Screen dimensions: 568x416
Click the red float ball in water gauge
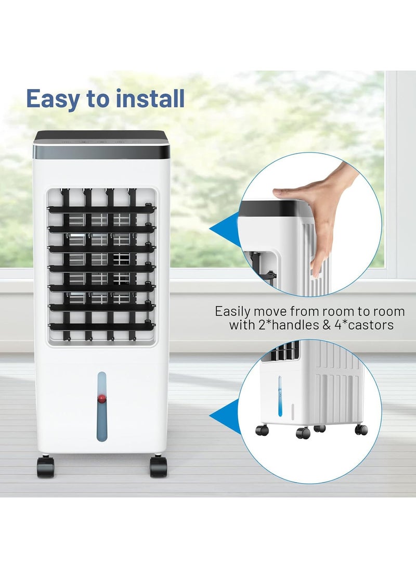[101, 399]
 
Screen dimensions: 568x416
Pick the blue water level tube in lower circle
[280, 396]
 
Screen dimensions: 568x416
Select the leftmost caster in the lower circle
[262, 431]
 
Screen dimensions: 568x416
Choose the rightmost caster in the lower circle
[361, 430]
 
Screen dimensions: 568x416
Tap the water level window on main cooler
[101, 406]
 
